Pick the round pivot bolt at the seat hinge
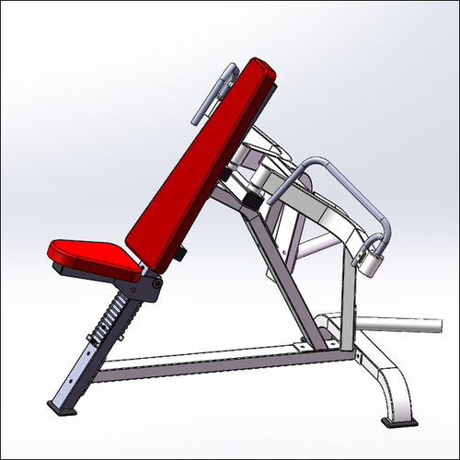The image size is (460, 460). pos(157,284)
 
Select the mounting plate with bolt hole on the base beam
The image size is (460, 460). pos(304,348)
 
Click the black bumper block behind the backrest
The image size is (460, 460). pos(250,195)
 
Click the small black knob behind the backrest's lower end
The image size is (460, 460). pos(183,252)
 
